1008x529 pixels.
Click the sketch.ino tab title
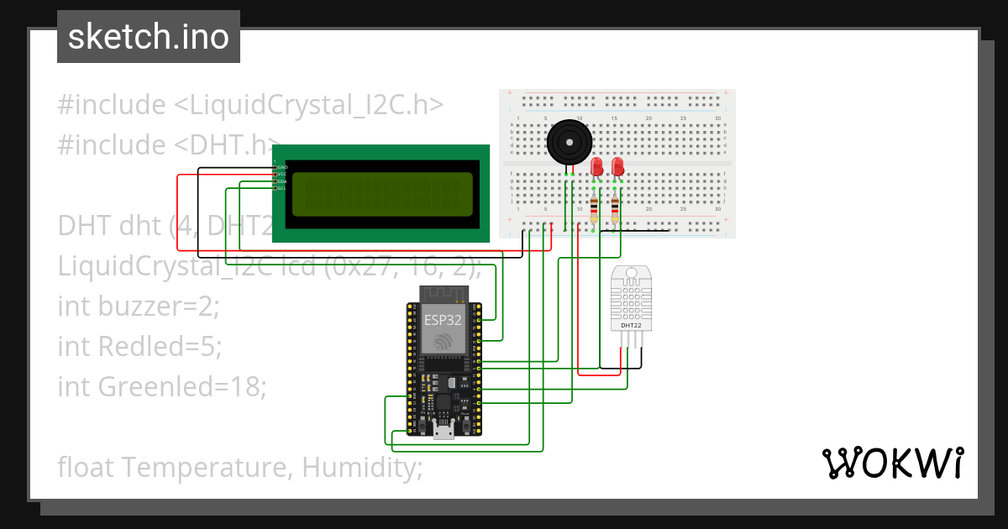coord(148,37)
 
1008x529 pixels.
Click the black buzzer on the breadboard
coord(570,142)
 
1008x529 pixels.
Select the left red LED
coord(597,166)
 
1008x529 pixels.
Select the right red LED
coord(618,166)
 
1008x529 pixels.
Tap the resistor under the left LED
coord(595,207)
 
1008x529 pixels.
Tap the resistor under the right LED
coord(616,207)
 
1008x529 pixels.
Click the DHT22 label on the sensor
coord(630,324)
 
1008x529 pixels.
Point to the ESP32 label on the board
coord(442,320)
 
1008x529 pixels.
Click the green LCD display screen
coord(383,194)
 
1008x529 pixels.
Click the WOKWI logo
coord(892,463)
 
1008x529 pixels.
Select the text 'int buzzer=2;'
coord(139,306)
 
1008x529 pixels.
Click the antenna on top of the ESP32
coord(442,294)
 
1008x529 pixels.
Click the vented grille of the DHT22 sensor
coord(630,296)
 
